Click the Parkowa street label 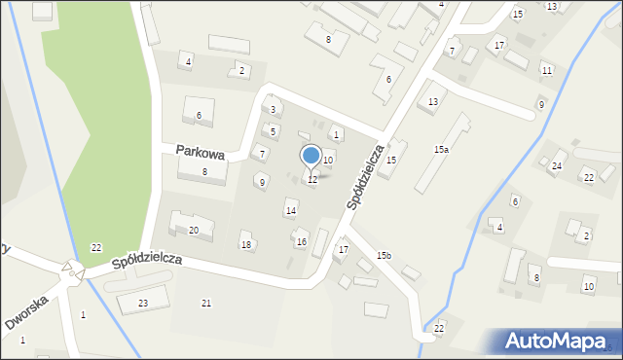point(201,152)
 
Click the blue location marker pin point(311,156)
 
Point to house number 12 point(312,180)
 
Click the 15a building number point(441,149)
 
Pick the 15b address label point(384,255)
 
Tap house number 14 point(290,211)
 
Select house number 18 point(246,244)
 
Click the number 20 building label point(194,230)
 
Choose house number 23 point(143,304)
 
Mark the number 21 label point(205,304)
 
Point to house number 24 point(557,166)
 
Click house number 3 point(273,110)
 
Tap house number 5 point(273,131)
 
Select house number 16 point(302,241)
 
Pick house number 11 point(547,70)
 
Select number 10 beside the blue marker point(328,160)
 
